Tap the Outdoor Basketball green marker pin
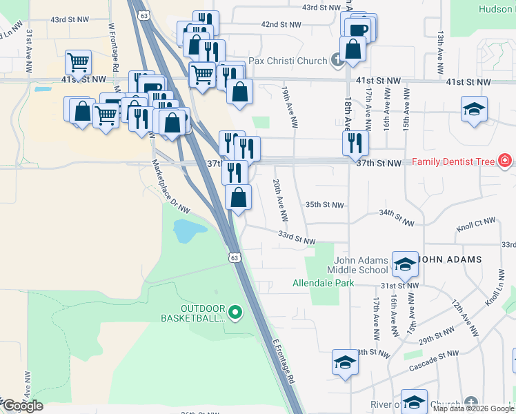pyautogui.click(x=235, y=313)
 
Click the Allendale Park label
pyautogui.click(x=323, y=283)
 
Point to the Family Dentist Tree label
pyautogui.click(x=454, y=162)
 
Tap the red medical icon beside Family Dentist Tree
pyautogui.click(x=506, y=161)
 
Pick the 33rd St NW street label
pyautogui.click(x=297, y=237)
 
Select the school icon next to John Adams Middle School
pyautogui.click(x=405, y=262)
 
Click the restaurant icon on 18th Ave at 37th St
pyautogui.click(x=355, y=143)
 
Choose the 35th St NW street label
pyautogui.click(x=324, y=205)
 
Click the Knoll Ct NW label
pyautogui.click(x=476, y=224)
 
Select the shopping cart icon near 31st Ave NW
pyautogui.click(x=79, y=63)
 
